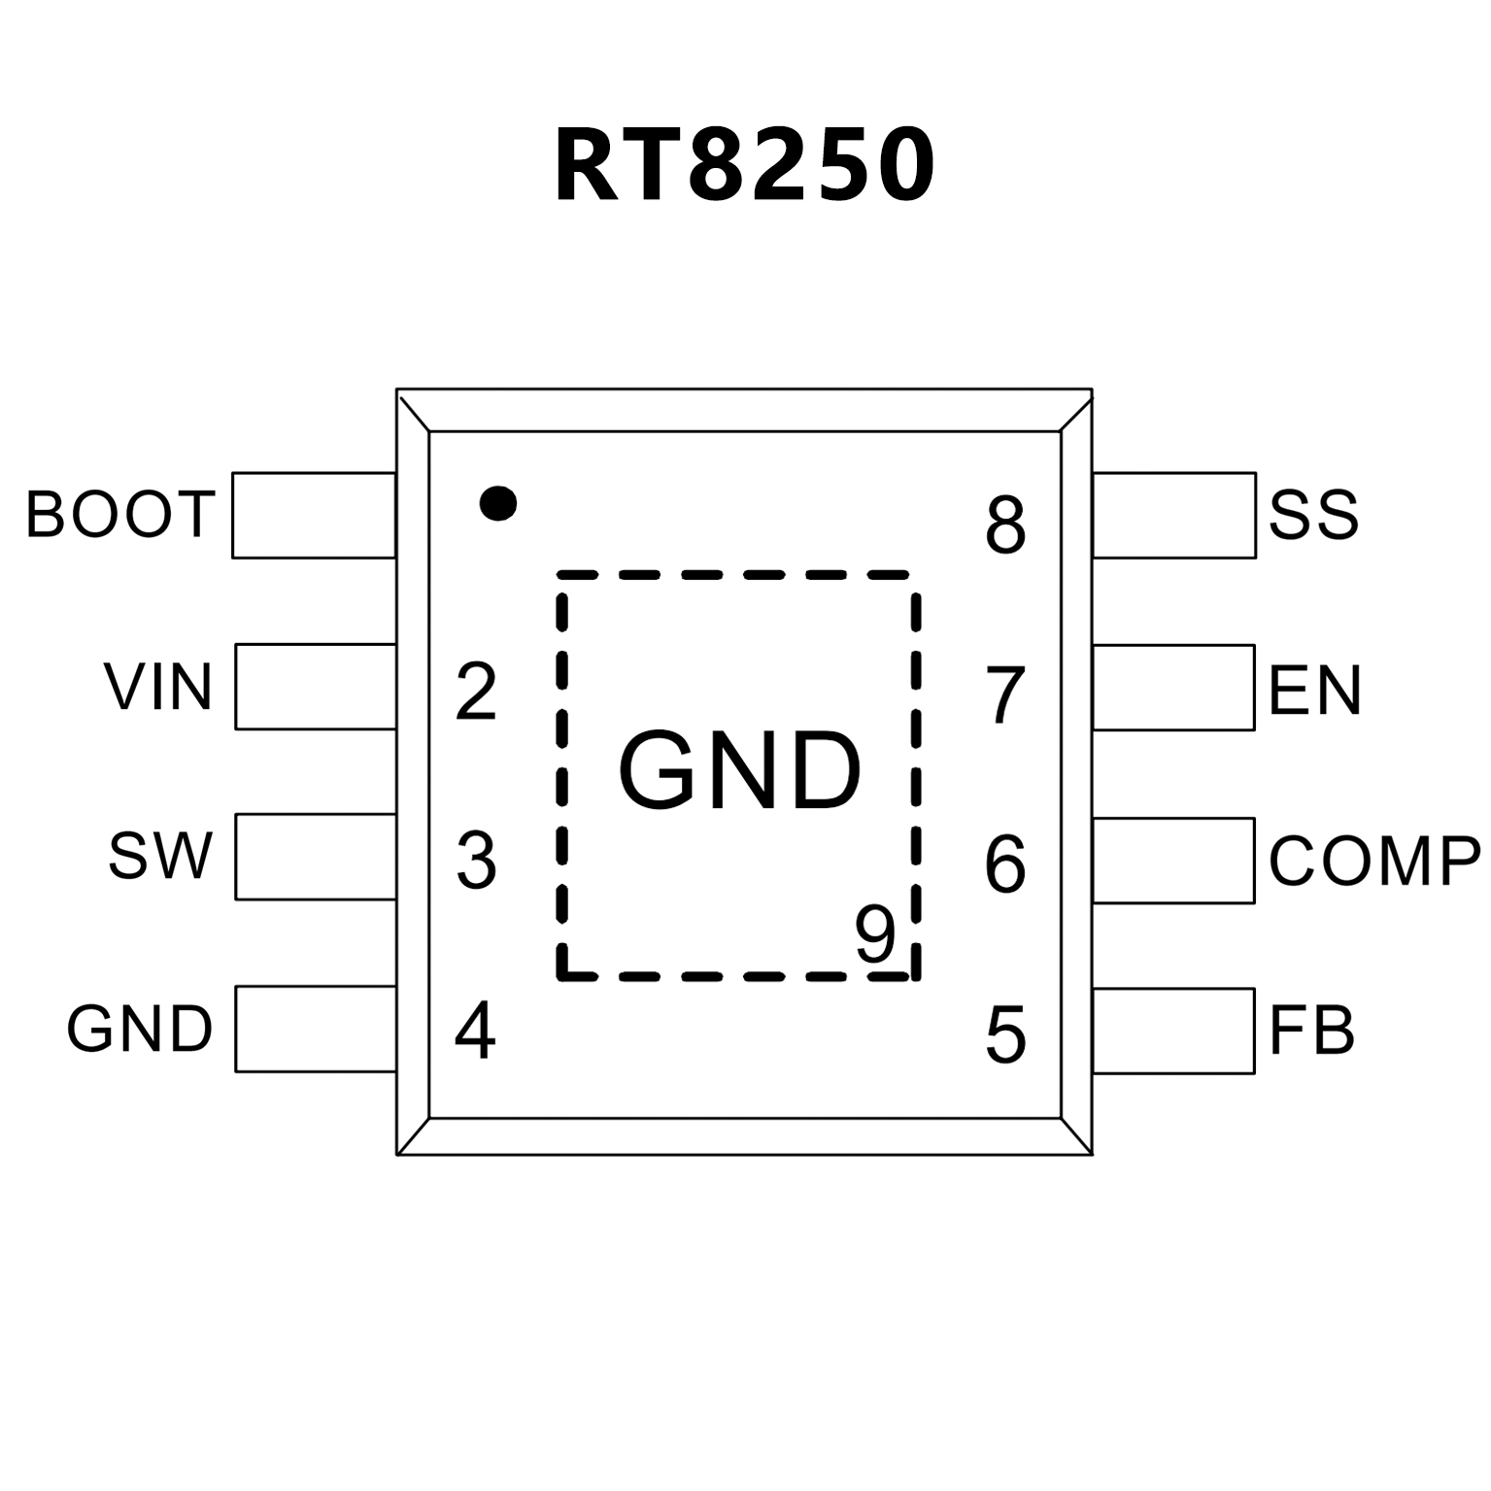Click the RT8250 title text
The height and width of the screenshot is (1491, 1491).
tap(744, 165)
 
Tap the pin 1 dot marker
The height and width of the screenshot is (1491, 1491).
tap(498, 502)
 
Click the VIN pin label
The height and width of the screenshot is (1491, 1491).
tap(158, 687)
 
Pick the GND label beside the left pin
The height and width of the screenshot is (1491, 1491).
tap(139, 1029)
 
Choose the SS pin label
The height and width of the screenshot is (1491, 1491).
tap(1313, 515)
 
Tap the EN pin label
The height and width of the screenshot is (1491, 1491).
tap(1315, 690)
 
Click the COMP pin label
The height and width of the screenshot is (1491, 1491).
tap(1374, 861)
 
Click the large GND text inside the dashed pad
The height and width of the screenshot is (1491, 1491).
tap(740, 772)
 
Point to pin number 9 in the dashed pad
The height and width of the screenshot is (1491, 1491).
tap(875, 934)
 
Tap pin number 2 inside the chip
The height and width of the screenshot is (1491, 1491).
tap(476, 692)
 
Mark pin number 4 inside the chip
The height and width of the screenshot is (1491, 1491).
tap(475, 1032)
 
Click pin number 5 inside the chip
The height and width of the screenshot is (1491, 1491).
tap(1005, 1034)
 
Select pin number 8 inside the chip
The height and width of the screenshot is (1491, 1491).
tap(1005, 525)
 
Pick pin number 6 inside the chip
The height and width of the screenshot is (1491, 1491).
tap(1004, 864)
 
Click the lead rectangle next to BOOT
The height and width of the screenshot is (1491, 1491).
tap(314, 515)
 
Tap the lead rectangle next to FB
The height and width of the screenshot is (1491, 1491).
tap(1173, 1031)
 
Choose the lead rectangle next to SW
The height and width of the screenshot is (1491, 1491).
tap(316, 857)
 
